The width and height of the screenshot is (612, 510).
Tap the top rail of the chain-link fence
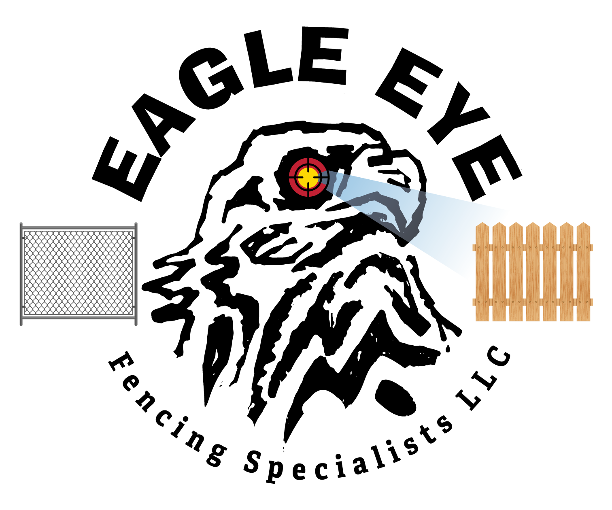pos(79,228)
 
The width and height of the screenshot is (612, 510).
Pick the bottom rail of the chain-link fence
pos(79,318)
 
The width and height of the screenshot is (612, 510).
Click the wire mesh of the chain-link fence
pos(79,273)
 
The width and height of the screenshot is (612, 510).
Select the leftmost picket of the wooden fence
pos(482,275)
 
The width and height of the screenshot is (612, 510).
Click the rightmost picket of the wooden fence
pos(583,275)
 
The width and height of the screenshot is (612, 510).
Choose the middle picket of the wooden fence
pos(533,275)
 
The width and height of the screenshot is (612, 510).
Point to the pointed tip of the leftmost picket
pos(482,223)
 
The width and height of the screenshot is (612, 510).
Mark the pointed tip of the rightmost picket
pos(583,223)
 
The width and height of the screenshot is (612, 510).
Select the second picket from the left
pos(499,275)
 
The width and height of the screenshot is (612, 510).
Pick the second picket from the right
pos(566,275)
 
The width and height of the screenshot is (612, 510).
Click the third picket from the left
pos(516,275)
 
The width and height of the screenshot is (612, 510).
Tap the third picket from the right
pos(550,275)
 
